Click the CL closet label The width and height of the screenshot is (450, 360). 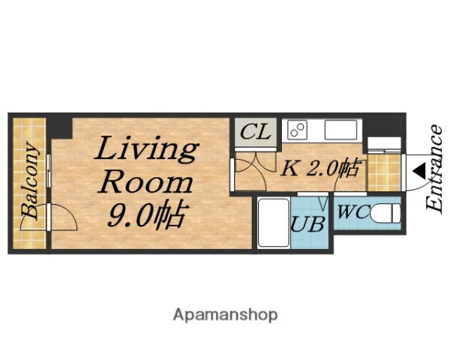tap(256, 131)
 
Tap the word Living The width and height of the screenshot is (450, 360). tap(147, 149)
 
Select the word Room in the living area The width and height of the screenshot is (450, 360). tap(145, 183)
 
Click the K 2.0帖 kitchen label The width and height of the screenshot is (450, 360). tap(319, 168)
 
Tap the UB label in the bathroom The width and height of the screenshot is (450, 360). tap(308, 224)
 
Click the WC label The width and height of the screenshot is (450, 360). tap(352, 212)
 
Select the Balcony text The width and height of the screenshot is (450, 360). tap(30, 181)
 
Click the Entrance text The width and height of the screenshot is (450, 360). tap(434, 169)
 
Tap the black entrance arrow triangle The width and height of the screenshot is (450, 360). tap(419, 172)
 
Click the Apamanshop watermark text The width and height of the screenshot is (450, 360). tap(225, 315)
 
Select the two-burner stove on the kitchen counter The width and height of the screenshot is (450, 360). tap(297, 130)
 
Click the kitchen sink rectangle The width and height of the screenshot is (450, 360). tap(341, 130)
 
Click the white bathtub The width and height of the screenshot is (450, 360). tap(274, 222)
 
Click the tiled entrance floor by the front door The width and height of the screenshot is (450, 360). tap(384, 172)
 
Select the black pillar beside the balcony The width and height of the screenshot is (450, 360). tap(59, 128)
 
